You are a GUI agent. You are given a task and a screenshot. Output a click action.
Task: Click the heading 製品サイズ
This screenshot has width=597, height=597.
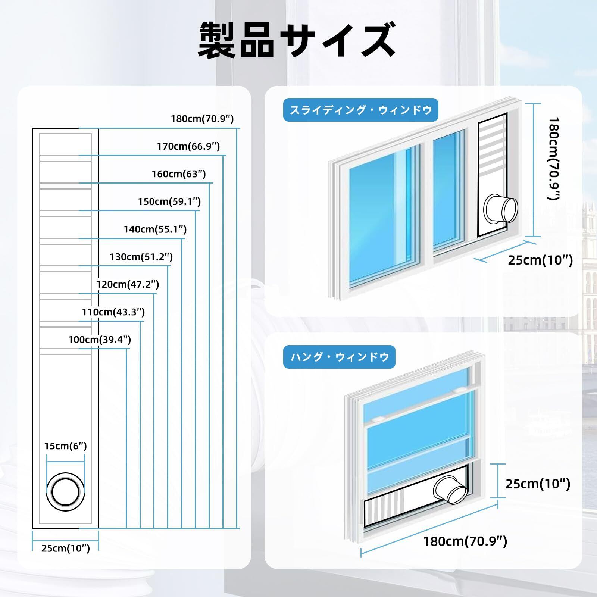tap(297, 40)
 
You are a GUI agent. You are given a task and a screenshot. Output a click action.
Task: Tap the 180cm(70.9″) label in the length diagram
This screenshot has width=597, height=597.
tap(202, 119)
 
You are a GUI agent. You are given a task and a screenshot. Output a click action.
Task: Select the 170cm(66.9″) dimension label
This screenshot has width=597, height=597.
tap(188, 146)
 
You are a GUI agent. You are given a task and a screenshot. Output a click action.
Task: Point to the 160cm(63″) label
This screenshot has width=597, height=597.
tap(178, 174)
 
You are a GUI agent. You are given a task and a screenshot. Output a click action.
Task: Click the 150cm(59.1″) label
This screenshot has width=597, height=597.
tap(169, 201)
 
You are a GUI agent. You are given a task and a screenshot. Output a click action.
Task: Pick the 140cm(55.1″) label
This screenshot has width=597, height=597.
tap(155, 229)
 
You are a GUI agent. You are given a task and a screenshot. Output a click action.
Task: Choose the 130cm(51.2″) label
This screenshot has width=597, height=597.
tap(141, 257)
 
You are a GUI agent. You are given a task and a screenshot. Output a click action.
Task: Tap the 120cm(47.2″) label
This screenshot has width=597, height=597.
tap(128, 284)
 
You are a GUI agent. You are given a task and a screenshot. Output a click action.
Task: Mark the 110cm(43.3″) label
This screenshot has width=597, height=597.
tap(113, 312)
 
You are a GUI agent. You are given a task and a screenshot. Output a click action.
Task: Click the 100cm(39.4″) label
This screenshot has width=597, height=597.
tap(99, 340)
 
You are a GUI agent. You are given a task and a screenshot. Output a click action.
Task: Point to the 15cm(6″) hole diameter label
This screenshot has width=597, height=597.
tap(65, 446)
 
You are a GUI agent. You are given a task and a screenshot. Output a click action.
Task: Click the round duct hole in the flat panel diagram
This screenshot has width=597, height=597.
tap(66, 492)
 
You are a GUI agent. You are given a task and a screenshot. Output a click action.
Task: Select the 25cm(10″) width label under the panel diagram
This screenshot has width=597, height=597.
tap(66, 548)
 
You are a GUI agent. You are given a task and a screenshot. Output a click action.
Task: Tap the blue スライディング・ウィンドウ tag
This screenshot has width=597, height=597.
tap(360, 110)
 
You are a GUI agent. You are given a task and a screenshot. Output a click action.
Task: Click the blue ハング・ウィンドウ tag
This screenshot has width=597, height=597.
tap(339, 357)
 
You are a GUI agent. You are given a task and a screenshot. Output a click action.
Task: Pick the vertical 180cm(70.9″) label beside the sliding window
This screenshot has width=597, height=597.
tap(554, 158)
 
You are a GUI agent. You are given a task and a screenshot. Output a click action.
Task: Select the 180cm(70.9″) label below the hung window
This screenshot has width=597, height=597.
tap(465, 541)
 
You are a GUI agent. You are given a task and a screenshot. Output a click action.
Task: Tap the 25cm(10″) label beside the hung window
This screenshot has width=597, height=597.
tap(538, 484)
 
